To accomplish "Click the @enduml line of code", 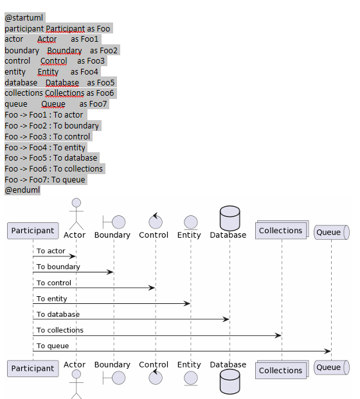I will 22,190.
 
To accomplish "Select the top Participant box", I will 33,230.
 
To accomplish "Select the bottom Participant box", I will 33,368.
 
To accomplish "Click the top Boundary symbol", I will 113,222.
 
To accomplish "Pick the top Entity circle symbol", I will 190,222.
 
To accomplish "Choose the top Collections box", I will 280,231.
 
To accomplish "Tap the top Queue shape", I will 330,232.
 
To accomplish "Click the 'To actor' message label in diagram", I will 51,251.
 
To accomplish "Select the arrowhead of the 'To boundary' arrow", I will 111,272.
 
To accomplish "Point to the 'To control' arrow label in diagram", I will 54,283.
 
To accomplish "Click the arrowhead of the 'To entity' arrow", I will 188,303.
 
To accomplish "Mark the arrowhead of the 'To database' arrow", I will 227,319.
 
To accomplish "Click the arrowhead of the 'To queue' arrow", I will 328,351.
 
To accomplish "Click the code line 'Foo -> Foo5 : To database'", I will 51,157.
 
